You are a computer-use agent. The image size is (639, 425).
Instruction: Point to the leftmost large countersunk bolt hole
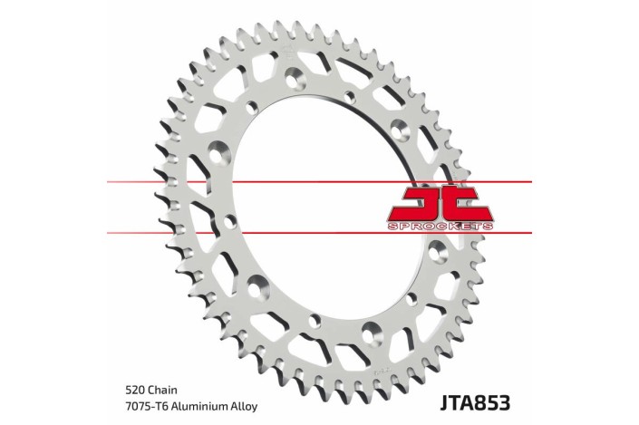217,150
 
